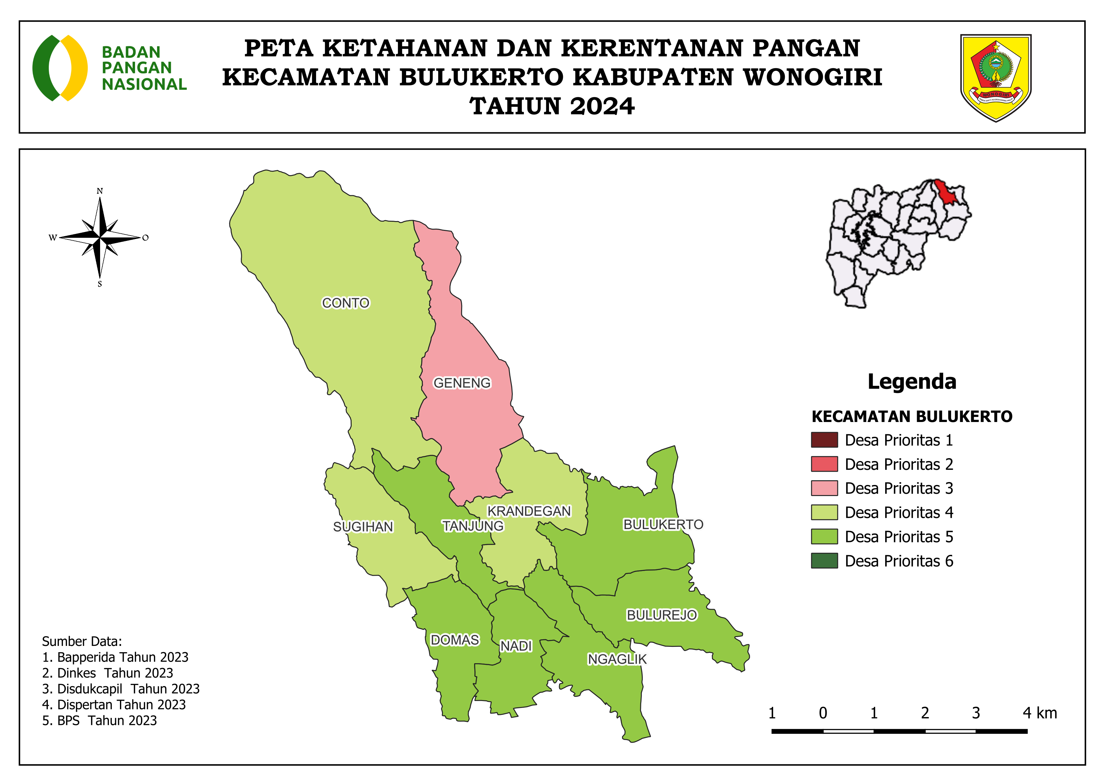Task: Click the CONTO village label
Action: point(345,303)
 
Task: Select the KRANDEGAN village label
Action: point(529,511)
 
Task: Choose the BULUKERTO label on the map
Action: point(663,524)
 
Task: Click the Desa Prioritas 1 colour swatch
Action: point(824,440)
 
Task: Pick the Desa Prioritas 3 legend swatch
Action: point(824,488)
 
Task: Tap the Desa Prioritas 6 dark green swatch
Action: point(824,561)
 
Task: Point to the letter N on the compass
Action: point(99,191)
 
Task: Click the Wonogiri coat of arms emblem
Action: point(995,77)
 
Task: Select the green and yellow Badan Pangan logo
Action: point(60,68)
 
